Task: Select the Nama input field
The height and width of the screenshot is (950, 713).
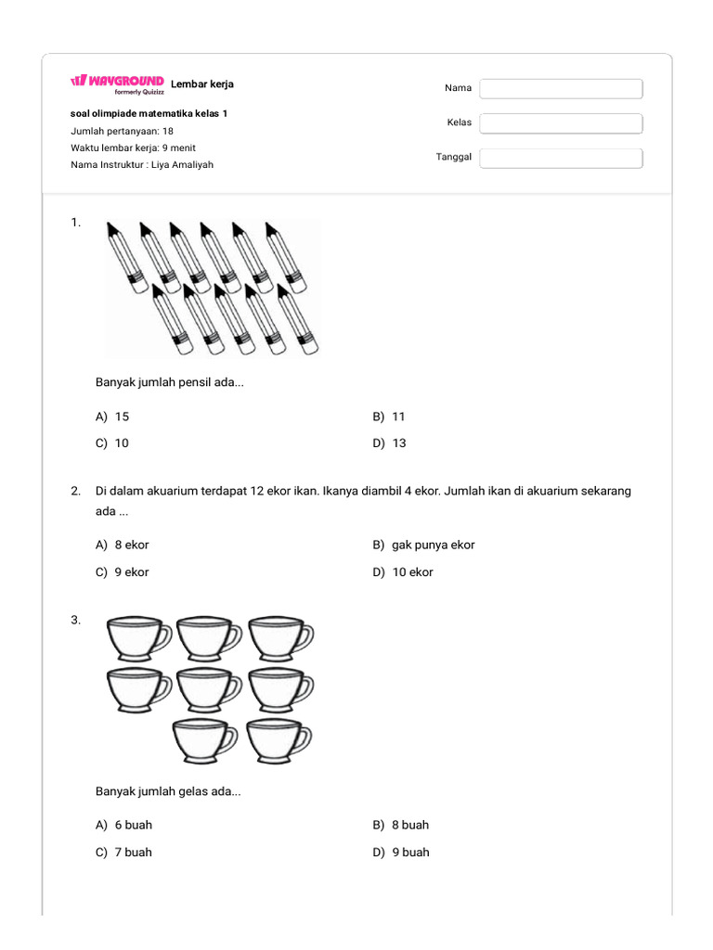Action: (x=561, y=88)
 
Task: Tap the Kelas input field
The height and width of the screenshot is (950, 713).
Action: (x=561, y=122)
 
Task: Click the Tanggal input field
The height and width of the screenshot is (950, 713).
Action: (x=561, y=158)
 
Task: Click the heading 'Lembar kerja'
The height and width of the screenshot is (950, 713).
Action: (x=202, y=84)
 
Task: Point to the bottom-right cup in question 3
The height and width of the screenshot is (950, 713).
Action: (x=279, y=739)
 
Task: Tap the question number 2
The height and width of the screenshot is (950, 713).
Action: (x=75, y=491)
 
